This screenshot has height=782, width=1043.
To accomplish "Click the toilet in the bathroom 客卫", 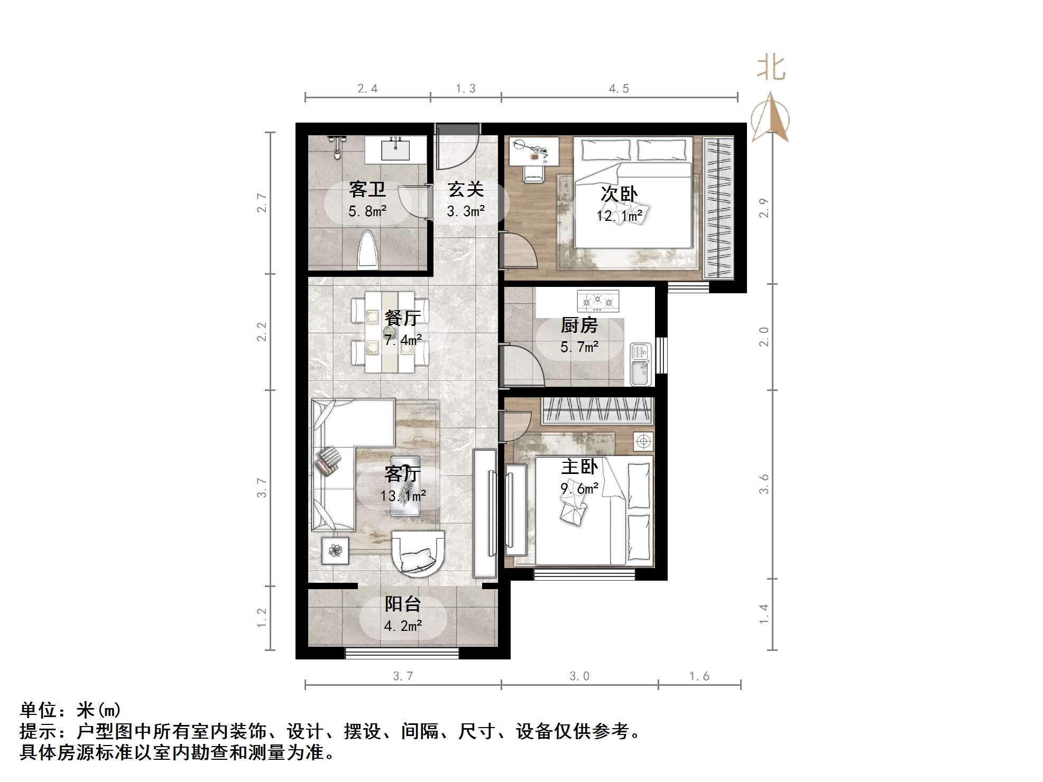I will point(368,250).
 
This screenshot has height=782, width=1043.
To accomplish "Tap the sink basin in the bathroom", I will point(395,150).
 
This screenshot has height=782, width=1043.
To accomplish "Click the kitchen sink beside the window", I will point(641,364).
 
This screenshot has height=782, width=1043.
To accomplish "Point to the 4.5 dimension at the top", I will point(619,89).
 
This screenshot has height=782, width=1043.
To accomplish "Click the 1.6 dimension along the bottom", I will point(699,676).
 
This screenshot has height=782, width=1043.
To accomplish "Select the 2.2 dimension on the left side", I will point(262,332).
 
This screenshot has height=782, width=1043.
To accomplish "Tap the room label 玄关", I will point(465,190).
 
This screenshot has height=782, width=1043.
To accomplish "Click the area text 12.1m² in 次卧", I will point(619,216).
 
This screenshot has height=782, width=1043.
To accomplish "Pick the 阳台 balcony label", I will point(402,603).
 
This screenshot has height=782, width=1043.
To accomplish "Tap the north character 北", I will point(771,69).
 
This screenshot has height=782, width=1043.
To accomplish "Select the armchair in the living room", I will point(418,553).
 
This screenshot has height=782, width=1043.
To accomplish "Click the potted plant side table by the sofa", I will point(335,551).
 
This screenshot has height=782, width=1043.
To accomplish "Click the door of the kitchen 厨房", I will point(521,364).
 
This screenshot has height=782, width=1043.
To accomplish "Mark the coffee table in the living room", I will point(405,486).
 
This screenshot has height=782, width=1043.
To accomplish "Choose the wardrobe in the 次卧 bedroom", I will point(718,208).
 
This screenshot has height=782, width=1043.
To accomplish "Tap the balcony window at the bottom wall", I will point(402,654).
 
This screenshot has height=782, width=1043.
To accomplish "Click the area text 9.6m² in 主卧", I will point(579,489).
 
